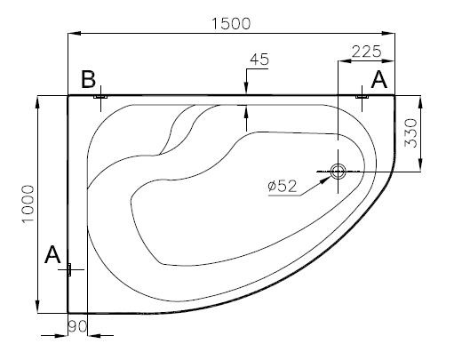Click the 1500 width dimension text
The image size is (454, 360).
231,24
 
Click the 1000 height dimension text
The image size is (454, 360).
29,204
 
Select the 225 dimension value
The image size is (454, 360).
366,52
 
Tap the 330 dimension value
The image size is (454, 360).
410,132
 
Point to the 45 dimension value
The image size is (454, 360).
259,60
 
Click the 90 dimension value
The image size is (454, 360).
77,326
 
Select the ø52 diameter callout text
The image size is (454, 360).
282,186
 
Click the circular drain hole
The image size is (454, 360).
339,172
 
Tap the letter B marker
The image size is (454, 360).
89,79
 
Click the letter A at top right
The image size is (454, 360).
378,79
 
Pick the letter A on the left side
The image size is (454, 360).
52,254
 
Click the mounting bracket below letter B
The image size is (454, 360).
100,97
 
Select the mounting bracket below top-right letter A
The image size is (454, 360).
362,97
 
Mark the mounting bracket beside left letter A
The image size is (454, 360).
69,269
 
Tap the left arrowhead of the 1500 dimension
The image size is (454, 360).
75,33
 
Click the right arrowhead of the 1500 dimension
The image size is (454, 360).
388,33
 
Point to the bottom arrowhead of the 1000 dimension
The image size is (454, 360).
37,307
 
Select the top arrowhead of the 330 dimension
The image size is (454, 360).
420,102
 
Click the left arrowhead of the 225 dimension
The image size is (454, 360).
345,60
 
